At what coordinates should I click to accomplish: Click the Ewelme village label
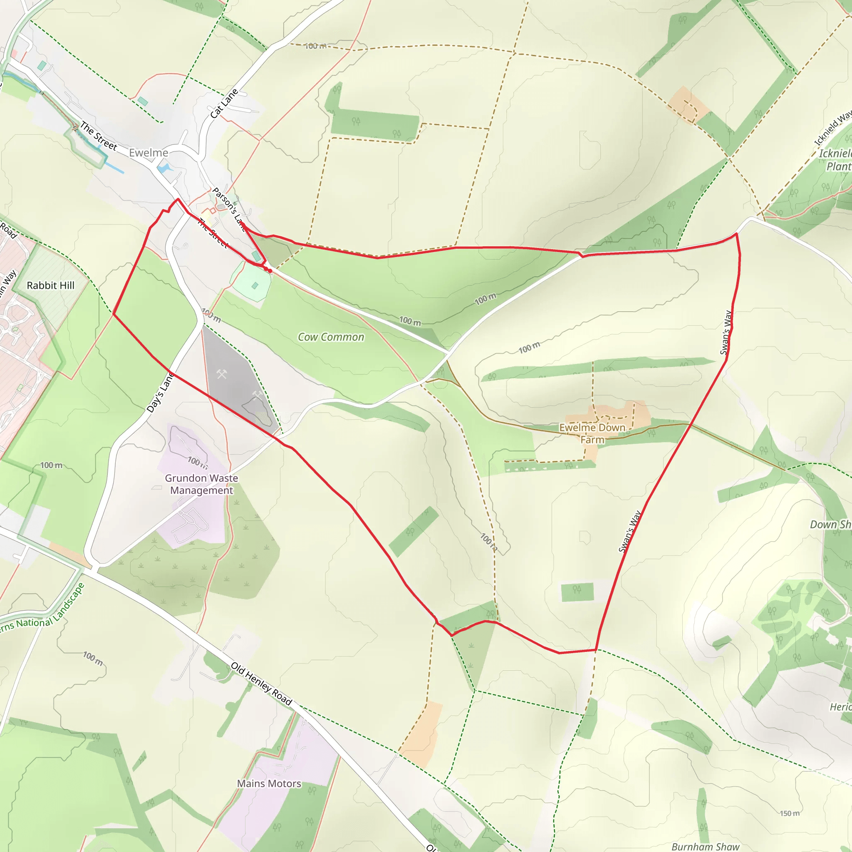click(148, 153)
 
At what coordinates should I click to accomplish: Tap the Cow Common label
click(331, 337)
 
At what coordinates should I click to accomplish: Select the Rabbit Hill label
click(51, 285)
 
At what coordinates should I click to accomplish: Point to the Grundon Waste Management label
click(201, 484)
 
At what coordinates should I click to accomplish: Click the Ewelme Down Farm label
click(592, 433)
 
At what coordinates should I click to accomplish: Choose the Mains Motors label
click(269, 784)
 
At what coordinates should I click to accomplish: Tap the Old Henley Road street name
click(262, 684)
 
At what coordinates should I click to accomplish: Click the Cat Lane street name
click(224, 104)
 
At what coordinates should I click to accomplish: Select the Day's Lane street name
click(160, 392)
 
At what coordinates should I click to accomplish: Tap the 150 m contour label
click(789, 813)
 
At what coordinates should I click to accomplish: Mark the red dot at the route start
click(270, 271)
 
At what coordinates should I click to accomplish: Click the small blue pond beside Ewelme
click(163, 168)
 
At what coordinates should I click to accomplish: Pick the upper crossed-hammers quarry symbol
click(221, 374)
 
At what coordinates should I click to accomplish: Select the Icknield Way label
click(832, 128)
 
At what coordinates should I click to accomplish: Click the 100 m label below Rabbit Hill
click(51, 465)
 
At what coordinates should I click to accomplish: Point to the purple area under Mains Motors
click(282, 767)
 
